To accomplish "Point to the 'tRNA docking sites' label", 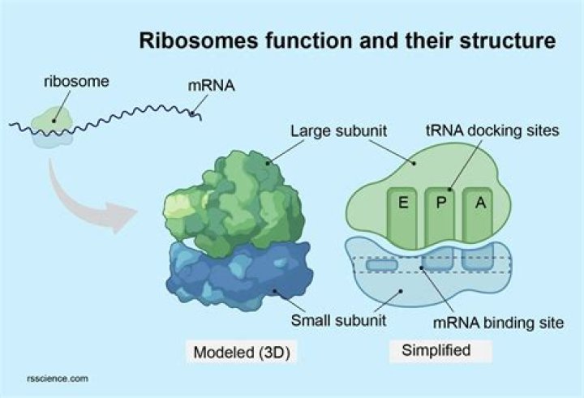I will tap(492, 131).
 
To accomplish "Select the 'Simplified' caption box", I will tap(435, 351).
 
